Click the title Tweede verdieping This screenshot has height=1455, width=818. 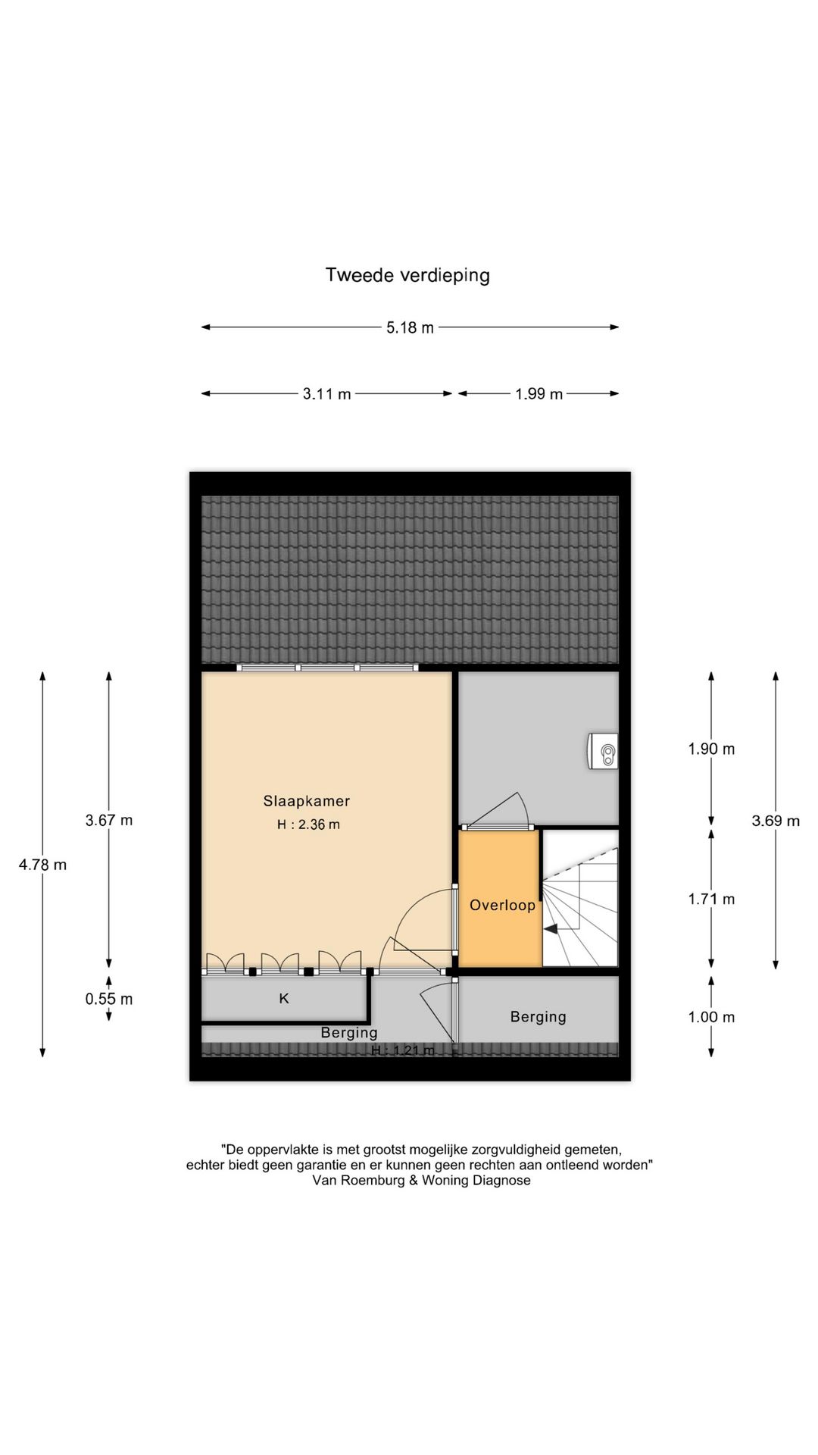pyautogui.click(x=407, y=275)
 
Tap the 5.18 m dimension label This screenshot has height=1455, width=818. pyautogui.click(x=410, y=328)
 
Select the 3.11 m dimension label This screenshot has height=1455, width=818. pyautogui.click(x=326, y=394)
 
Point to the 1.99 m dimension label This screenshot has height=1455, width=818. pyautogui.click(x=539, y=394)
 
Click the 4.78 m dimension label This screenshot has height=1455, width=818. pyautogui.click(x=42, y=865)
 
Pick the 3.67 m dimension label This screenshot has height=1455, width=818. pyautogui.click(x=108, y=820)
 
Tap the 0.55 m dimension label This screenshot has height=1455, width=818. pyautogui.click(x=108, y=999)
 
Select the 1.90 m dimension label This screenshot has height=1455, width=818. pyautogui.click(x=710, y=749)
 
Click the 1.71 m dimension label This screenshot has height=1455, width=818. pyautogui.click(x=710, y=899)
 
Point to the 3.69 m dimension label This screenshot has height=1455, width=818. pyautogui.click(x=775, y=821)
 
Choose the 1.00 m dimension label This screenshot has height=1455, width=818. pyautogui.click(x=710, y=1017)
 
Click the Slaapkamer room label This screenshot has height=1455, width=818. pyautogui.click(x=306, y=801)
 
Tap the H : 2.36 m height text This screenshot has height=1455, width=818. pyautogui.click(x=308, y=824)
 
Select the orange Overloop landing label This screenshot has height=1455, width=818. pyautogui.click(x=502, y=905)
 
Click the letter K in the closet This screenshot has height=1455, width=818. pyautogui.click(x=284, y=999)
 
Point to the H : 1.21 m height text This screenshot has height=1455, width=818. pyautogui.click(x=402, y=1050)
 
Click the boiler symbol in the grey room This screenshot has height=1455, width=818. pyautogui.click(x=606, y=753)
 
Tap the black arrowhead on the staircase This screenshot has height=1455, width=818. pyautogui.click(x=551, y=928)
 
